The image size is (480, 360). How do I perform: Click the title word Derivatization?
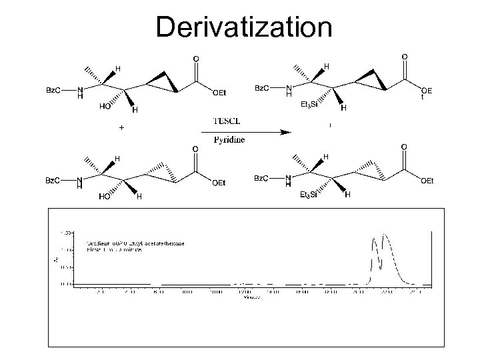(x=243, y=27)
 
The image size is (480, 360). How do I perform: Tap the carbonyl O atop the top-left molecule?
(x=195, y=59)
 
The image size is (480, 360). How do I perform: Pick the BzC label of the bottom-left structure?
(x=54, y=180)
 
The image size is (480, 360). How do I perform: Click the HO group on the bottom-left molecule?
(x=105, y=197)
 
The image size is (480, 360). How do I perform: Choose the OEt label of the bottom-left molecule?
(x=219, y=183)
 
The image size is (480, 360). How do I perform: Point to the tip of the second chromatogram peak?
(x=385, y=235)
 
